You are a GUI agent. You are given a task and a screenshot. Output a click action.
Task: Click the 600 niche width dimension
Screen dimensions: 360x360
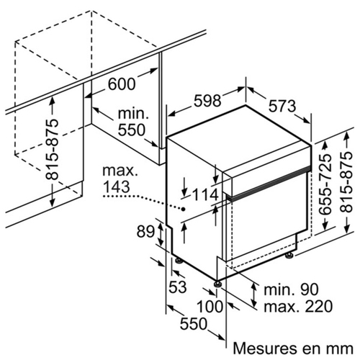[x=122, y=84]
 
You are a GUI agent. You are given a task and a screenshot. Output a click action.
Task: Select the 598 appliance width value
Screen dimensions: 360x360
[x=207, y=101]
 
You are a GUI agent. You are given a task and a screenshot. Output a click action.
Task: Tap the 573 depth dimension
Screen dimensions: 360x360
[x=282, y=106]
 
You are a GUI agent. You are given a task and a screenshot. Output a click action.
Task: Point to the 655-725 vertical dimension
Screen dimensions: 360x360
[x=325, y=184]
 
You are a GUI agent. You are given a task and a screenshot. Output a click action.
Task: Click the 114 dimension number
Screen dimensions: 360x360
[x=205, y=194]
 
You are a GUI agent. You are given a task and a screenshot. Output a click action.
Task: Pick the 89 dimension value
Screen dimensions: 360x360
[x=145, y=232]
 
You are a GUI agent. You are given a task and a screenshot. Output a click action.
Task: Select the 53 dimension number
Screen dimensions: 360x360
[x=178, y=287]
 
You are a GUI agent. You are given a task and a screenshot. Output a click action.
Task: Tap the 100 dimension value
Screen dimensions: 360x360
[x=210, y=307]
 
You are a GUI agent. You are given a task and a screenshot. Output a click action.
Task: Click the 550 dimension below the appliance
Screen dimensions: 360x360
[x=194, y=324]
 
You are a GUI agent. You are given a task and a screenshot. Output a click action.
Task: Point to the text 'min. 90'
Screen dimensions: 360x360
[x=291, y=289]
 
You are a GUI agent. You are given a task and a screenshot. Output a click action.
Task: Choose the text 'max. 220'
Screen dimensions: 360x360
[x=298, y=306]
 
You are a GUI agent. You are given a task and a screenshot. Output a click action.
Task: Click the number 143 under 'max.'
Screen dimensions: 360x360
[x=117, y=186]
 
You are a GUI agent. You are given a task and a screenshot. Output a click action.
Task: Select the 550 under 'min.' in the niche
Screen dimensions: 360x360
[x=132, y=130]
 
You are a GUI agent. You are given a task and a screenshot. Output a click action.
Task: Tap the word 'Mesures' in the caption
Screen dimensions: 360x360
[x=265, y=348]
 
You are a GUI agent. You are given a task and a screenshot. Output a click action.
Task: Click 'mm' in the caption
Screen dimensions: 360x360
[x=341, y=349]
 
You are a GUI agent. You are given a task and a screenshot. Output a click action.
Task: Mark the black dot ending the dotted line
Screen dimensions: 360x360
[x=184, y=209]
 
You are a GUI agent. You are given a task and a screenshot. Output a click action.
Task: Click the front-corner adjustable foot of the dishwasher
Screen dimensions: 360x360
[x=218, y=284]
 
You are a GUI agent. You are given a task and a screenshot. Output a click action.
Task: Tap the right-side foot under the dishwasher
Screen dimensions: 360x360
[x=289, y=255]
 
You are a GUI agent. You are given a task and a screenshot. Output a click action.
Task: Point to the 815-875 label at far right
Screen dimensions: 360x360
[x=346, y=182]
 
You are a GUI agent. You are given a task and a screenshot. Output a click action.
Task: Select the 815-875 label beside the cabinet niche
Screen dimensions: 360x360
[x=52, y=149]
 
